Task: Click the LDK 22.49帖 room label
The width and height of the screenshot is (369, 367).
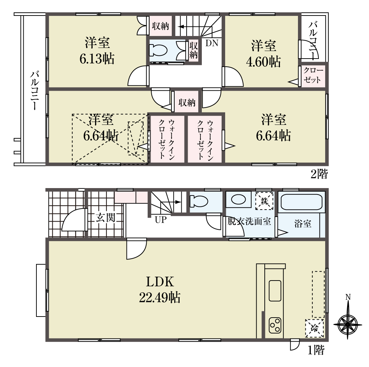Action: (x=160, y=289)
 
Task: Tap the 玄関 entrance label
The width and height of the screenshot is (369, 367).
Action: (x=105, y=218)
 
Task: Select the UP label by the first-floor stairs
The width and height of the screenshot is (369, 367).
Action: (x=161, y=220)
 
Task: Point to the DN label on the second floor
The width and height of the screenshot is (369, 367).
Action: (x=212, y=43)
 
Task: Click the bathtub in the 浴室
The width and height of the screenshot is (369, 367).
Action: (x=301, y=202)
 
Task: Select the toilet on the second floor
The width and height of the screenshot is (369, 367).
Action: (x=158, y=50)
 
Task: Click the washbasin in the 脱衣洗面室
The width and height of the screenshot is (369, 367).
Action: (x=239, y=200)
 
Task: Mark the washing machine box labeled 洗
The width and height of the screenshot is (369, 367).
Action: (x=264, y=201)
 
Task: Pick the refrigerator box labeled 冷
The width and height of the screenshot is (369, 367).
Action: (x=315, y=328)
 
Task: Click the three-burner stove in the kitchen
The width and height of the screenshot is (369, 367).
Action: (x=275, y=325)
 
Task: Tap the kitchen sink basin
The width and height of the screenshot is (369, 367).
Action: (x=275, y=291)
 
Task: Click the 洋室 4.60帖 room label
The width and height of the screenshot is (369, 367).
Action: (x=263, y=53)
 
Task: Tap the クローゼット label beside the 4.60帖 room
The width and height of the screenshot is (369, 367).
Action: (x=313, y=75)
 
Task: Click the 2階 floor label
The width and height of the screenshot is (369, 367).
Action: (x=319, y=174)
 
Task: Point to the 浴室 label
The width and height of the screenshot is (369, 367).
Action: (x=303, y=223)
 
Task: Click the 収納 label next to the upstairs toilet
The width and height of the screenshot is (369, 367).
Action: (x=194, y=50)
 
